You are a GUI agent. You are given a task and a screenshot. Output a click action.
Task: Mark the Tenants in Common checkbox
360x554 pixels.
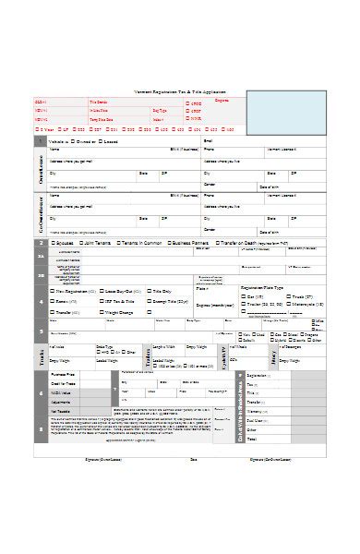[x=118, y=242]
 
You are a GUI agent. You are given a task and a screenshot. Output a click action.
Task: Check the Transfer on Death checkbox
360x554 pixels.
[x=216, y=242]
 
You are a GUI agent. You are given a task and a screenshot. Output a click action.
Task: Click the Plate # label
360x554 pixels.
[x=202, y=289]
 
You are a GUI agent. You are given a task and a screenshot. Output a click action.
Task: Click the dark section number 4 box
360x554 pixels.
[x=40, y=301]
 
